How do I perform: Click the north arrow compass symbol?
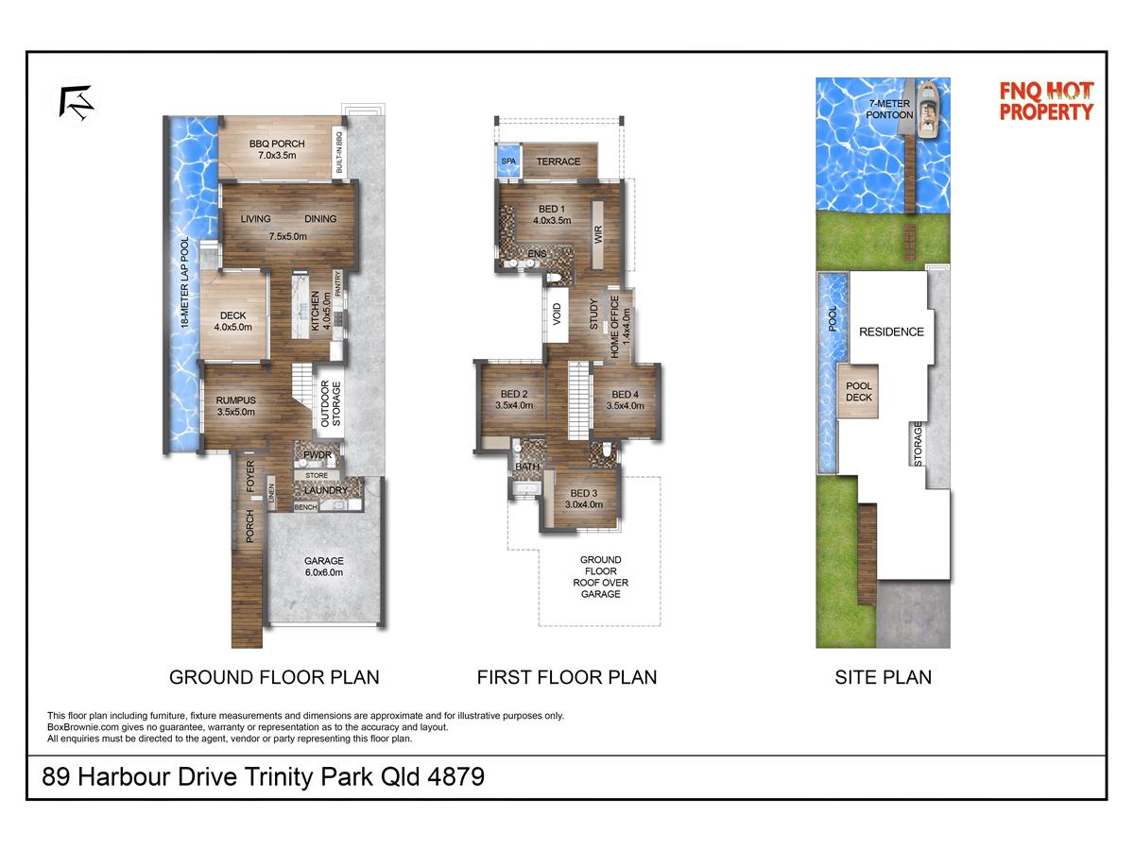(76, 103)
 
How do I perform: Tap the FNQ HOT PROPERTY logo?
(1047, 101)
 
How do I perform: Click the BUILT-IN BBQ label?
(339, 152)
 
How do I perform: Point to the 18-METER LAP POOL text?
(184, 282)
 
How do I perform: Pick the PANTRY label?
(338, 283)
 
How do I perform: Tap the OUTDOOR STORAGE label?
(331, 403)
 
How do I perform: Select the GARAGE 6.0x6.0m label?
(324, 566)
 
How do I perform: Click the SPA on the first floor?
(508, 161)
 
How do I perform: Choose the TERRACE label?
(558, 161)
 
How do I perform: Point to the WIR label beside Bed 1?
(598, 235)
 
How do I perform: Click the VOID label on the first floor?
(557, 314)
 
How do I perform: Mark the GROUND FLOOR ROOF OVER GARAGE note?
(600, 576)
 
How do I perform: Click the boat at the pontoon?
(929, 110)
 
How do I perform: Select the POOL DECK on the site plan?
(858, 391)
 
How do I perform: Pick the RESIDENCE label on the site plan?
(891, 331)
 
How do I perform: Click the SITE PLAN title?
(883, 677)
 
